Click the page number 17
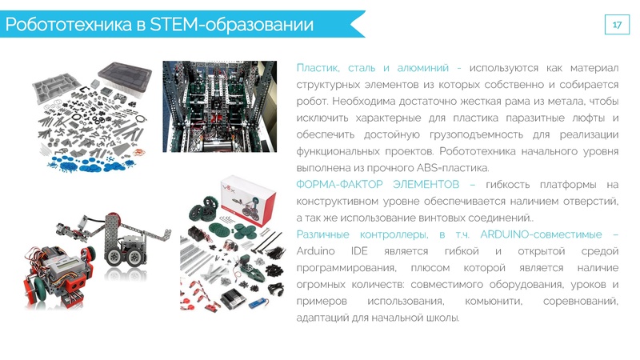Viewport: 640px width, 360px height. click(x=617, y=25)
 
